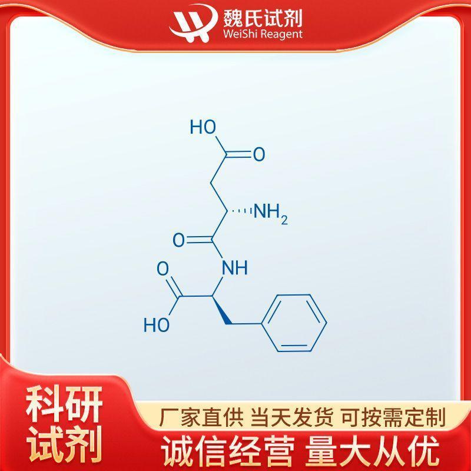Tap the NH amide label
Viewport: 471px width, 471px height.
pyautogui.click(x=235, y=268)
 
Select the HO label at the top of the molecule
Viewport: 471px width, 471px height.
pyautogui.click(x=203, y=127)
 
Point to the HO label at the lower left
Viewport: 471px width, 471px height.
pyautogui.click(x=157, y=324)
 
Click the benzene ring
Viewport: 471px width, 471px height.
pyautogui.click(x=295, y=323)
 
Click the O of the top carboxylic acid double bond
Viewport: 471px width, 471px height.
pyautogui.click(x=259, y=154)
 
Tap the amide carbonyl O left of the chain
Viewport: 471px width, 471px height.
pyautogui.click(x=179, y=240)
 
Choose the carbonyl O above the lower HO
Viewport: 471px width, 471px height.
pyautogui.click(x=163, y=268)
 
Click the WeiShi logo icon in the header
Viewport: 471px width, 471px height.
pyautogui.click(x=193, y=23)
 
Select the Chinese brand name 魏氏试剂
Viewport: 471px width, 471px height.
pyautogui.click(x=262, y=17)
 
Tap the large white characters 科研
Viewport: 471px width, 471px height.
pyautogui.click(x=64, y=404)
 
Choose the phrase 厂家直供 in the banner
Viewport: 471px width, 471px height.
pyautogui.click(x=201, y=417)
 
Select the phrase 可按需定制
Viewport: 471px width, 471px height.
pyautogui.click(x=393, y=417)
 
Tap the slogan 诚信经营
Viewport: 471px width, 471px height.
pyautogui.click(x=228, y=451)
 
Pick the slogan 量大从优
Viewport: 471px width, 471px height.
pyautogui.click(x=372, y=451)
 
